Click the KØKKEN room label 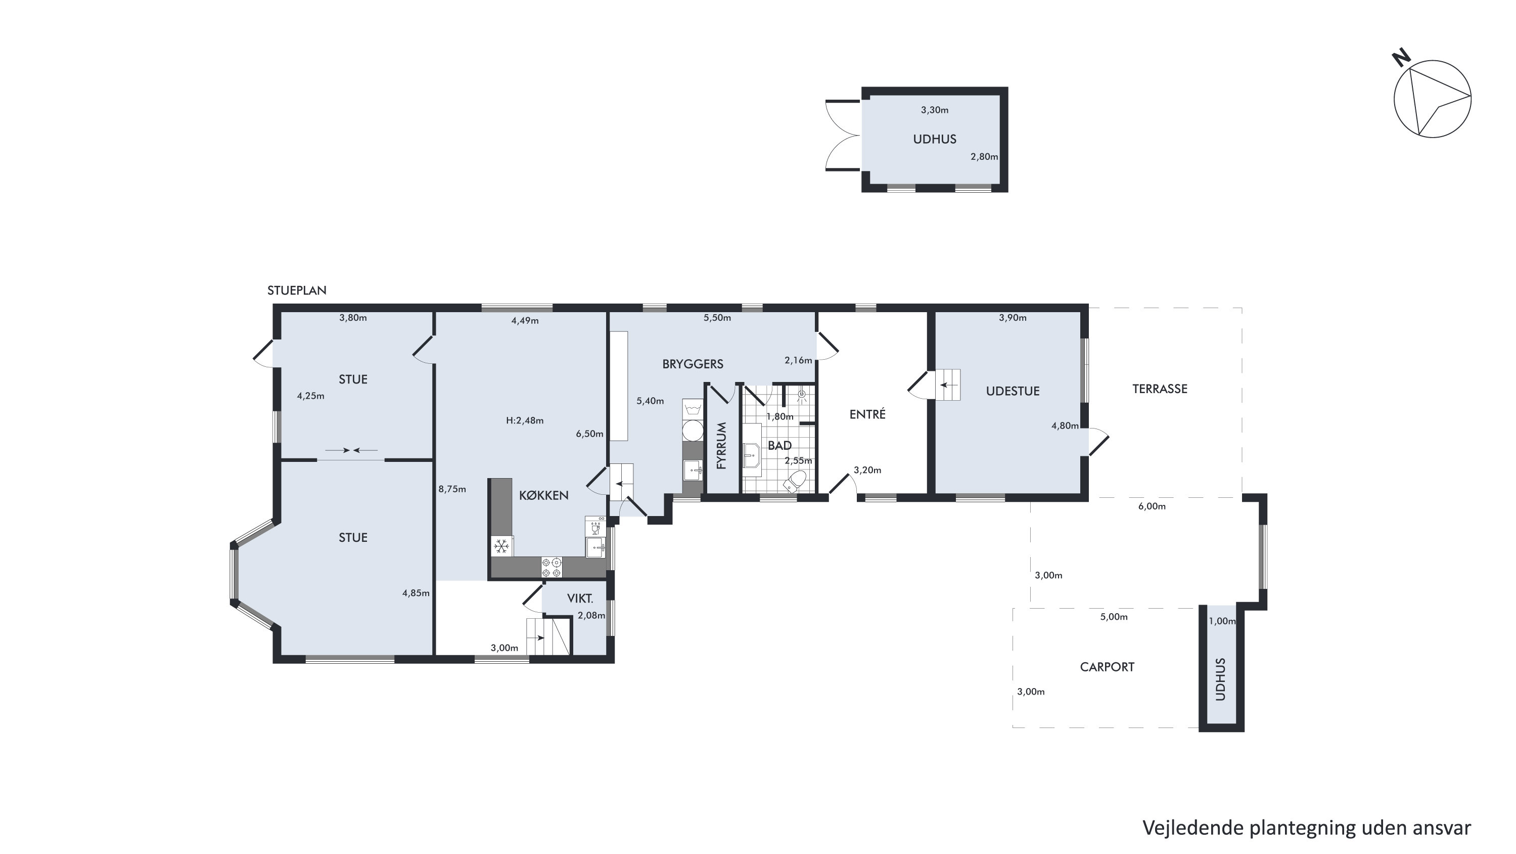coord(543,496)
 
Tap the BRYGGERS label coord(693,364)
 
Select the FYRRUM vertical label coord(722,445)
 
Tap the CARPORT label coord(1107,667)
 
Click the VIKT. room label coord(580,599)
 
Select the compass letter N coord(1402,58)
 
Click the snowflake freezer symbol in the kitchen coord(501,546)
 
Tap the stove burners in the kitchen coord(552,568)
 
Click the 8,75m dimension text coord(452,489)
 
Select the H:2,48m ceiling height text coord(525,420)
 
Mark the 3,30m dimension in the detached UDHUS coord(935,110)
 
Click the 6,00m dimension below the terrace coord(1152,506)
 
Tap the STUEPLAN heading coord(297,290)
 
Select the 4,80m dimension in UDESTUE coord(1065,426)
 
